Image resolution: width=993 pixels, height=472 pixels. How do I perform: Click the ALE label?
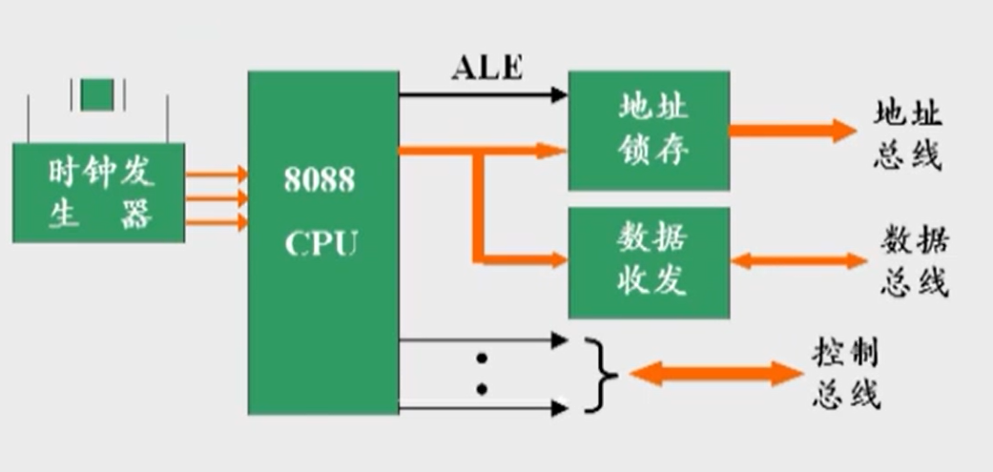[x=486, y=70]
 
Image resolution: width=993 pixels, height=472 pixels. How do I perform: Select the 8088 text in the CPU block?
[x=319, y=179]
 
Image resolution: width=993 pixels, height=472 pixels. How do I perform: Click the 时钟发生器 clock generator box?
[x=98, y=193]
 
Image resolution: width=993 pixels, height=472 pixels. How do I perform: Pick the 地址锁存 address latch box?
[x=649, y=131]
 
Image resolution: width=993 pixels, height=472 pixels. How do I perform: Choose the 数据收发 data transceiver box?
[x=649, y=261]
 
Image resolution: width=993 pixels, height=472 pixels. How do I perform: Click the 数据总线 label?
[x=914, y=260]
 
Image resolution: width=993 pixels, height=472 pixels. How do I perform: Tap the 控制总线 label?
[x=846, y=374]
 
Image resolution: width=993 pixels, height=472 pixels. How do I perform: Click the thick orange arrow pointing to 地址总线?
[x=793, y=131]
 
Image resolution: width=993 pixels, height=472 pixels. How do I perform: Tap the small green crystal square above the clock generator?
[x=97, y=94]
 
